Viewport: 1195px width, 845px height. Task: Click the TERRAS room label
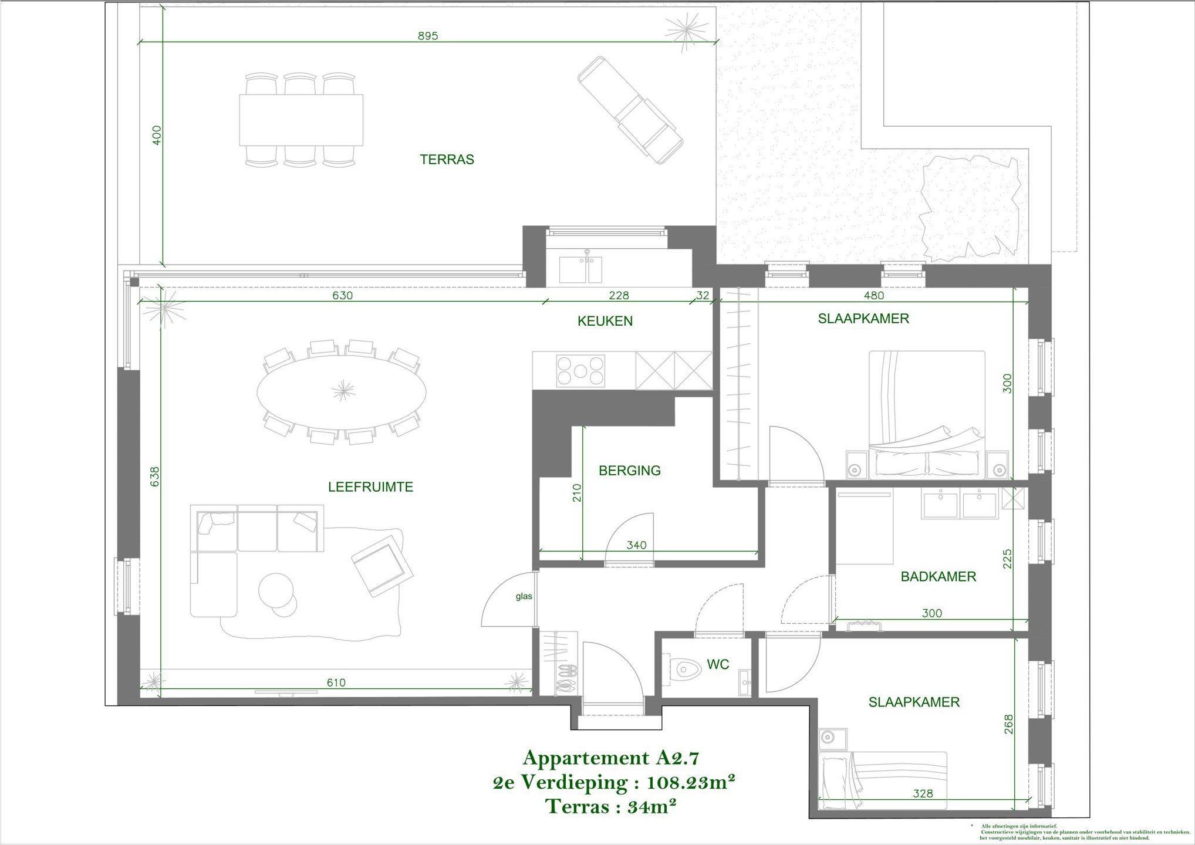tap(447, 160)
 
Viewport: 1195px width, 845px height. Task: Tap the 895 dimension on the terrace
tap(428, 36)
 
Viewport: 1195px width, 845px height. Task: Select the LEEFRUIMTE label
tap(370, 487)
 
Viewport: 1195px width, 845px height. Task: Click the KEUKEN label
tap(605, 322)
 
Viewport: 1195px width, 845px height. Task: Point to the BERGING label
tap(629, 471)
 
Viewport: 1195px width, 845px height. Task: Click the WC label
tap(718, 664)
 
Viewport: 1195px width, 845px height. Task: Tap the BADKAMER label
tap(938, 577)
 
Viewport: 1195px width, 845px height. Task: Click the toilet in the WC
tap(686, 668)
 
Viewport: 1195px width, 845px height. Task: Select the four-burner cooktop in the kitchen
tap(580, 371)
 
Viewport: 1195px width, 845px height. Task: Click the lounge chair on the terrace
tap(630, 110)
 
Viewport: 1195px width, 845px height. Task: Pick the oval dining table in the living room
tap(342, 391)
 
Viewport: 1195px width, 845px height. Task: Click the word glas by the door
tap(524, 596)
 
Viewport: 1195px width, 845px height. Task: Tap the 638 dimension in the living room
tap(154, 476)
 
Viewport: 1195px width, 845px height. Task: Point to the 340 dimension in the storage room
tap(636, 545)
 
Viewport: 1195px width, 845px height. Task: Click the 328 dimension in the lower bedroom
tap(923, 793)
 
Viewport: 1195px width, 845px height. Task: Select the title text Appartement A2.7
tap(611, 758)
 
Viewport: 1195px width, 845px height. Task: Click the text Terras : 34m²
tap(611, 807)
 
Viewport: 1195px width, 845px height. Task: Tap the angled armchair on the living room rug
tap(383, 565)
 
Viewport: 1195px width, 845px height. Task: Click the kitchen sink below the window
tap(580, 269)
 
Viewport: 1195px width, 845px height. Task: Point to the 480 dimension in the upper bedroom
tap(873, 296)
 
